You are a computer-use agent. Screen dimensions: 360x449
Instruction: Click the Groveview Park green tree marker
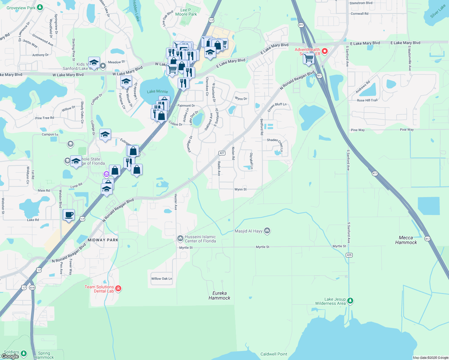[x=40, y=8]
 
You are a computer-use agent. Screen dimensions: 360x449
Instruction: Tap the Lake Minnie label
[x=157, y=91]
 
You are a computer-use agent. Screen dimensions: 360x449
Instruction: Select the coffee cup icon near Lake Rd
[x=69, y=215]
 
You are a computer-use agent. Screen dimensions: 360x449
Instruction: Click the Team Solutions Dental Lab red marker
[x=118, y=289]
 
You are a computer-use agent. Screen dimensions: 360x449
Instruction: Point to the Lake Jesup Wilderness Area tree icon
[x=350, y=300]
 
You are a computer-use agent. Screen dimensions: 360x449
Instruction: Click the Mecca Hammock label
[x=406, y=240]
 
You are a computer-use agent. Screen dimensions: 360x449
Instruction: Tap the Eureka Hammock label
[x=219, y=295]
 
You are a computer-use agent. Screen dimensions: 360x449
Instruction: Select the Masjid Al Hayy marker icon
[x=267, y=231]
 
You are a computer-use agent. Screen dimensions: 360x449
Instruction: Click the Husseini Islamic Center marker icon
[x=180, y=238]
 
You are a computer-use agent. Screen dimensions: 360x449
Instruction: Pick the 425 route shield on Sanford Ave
[x=349, y=255]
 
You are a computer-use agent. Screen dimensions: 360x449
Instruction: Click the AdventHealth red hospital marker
[x=324, y=51]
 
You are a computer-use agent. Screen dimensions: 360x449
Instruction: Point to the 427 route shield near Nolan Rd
[x=222, y=153]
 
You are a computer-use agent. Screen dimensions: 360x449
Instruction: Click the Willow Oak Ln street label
[x=161, y=279]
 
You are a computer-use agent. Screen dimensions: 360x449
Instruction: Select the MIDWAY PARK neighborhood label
[x=103, y=240]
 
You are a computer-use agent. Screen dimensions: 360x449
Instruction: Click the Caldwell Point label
[x=274, y=354]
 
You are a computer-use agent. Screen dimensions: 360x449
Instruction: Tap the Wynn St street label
[x=240, y=189]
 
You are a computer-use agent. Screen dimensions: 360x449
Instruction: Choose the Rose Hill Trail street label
[x=367, y=100]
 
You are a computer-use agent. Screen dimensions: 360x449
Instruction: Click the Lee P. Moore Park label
[x=186, y=12]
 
